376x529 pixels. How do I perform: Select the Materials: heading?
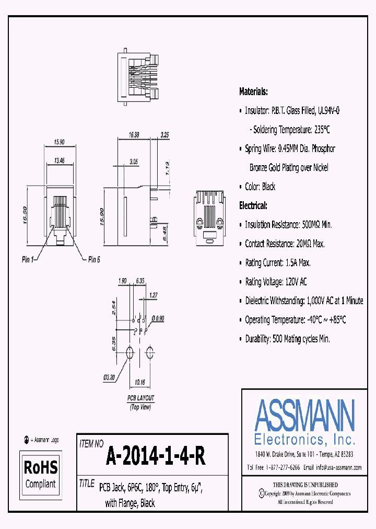pyautogui.click(x=253, y=91)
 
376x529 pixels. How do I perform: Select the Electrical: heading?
pyautogui.click(x=253, y=205)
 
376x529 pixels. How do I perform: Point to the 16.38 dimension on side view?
pyautogui.click(x=135, y=135)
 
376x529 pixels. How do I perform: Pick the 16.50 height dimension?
pyautogui.click(x=25, y=214)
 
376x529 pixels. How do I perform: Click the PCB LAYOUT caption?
pyautogui.click(x=141, y=398)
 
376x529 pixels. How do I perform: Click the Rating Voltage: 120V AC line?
pyautogui.click(x=276, y=282)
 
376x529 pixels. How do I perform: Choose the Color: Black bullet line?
pyautogui.click(x=260, y=187)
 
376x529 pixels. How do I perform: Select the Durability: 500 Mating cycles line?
pyautogui.click(x=287, y=339)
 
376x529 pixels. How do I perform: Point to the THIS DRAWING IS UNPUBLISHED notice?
pyautogui.click(x=305, y=485)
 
